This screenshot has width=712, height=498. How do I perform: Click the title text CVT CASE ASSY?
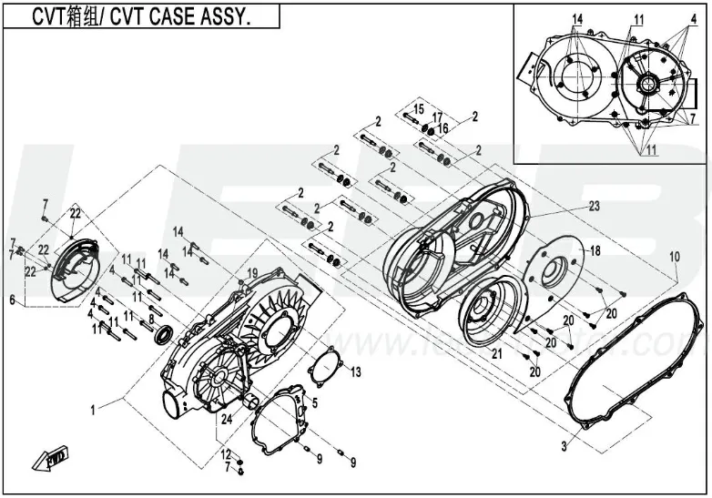pos(142,17)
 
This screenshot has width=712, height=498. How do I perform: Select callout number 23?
pos(594,207)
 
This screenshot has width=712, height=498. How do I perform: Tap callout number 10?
pos(675,258)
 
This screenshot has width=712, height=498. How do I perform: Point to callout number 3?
pos(564,446)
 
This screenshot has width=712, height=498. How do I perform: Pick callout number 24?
pos(226,420)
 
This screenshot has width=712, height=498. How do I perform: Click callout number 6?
pos(13,300)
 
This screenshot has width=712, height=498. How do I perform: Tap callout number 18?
pos(595,249)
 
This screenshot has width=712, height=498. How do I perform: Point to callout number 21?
pos(497,353)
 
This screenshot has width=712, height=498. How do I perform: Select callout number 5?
pos(314,401)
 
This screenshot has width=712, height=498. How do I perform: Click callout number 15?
pos(419,109)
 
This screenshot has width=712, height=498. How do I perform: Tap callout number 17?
pos(437,117)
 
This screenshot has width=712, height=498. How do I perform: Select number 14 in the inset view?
pos(576,19)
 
